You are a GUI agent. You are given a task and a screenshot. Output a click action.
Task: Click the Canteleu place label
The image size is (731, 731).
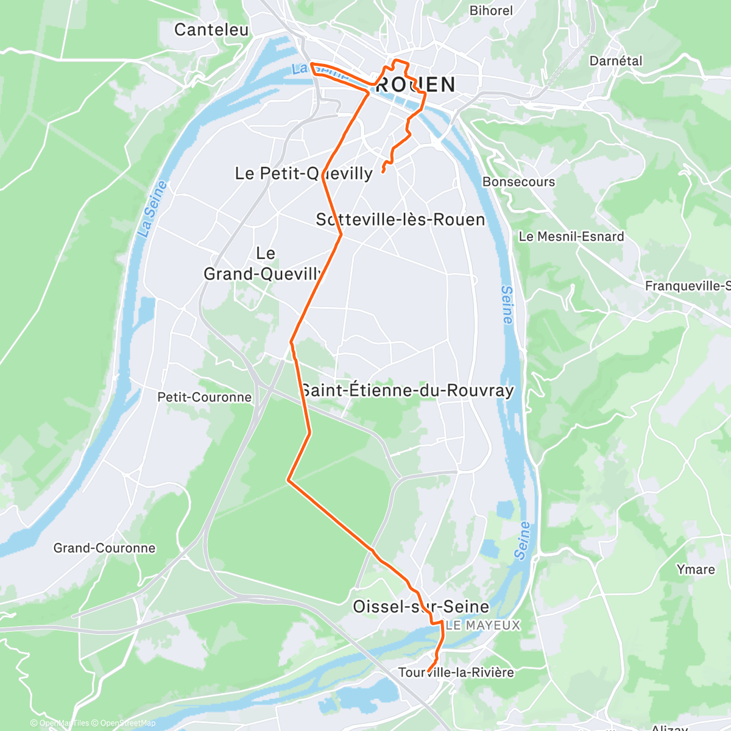(x=211, y=30)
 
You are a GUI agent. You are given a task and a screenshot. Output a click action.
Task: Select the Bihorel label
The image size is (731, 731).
(x=491, y=10)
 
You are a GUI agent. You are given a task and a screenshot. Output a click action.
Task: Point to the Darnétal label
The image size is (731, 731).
(x=616, y=61)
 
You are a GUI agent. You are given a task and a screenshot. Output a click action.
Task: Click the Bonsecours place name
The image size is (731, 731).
(x=518, y=182)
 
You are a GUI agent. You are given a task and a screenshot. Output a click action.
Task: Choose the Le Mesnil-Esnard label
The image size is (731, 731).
(x=571, y=236)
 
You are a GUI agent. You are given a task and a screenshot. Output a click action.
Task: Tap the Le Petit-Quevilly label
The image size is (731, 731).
(x=303, y=174)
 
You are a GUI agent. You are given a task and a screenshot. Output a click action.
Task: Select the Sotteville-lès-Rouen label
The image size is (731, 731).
(x=400, y=220)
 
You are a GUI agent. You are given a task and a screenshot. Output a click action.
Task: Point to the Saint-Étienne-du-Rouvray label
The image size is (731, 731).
(x=407, y=390)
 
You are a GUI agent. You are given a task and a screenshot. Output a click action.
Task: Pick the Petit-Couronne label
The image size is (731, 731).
(x=204, y=397)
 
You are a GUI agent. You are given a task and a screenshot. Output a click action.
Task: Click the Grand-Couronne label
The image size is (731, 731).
(x=104, y=548)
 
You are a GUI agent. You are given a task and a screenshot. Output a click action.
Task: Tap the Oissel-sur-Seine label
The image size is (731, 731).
(x=421, y=607)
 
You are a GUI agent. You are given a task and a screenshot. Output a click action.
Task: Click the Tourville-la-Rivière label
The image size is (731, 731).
(x=456, y=673)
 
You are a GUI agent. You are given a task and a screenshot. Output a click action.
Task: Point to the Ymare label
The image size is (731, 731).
(x=695, y=570)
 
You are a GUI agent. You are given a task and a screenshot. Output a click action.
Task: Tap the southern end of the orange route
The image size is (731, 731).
(x=429, y=671)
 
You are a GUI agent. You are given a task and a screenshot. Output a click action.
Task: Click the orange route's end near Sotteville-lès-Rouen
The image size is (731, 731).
(x=383, y=172)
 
